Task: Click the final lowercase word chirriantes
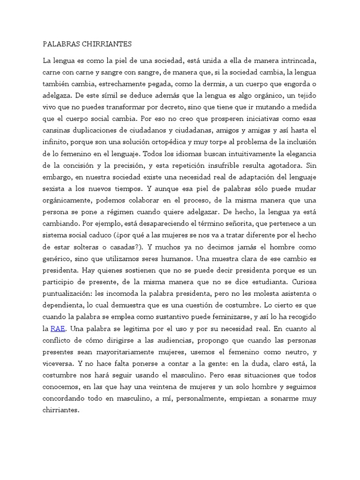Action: click(x=61, y=409)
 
